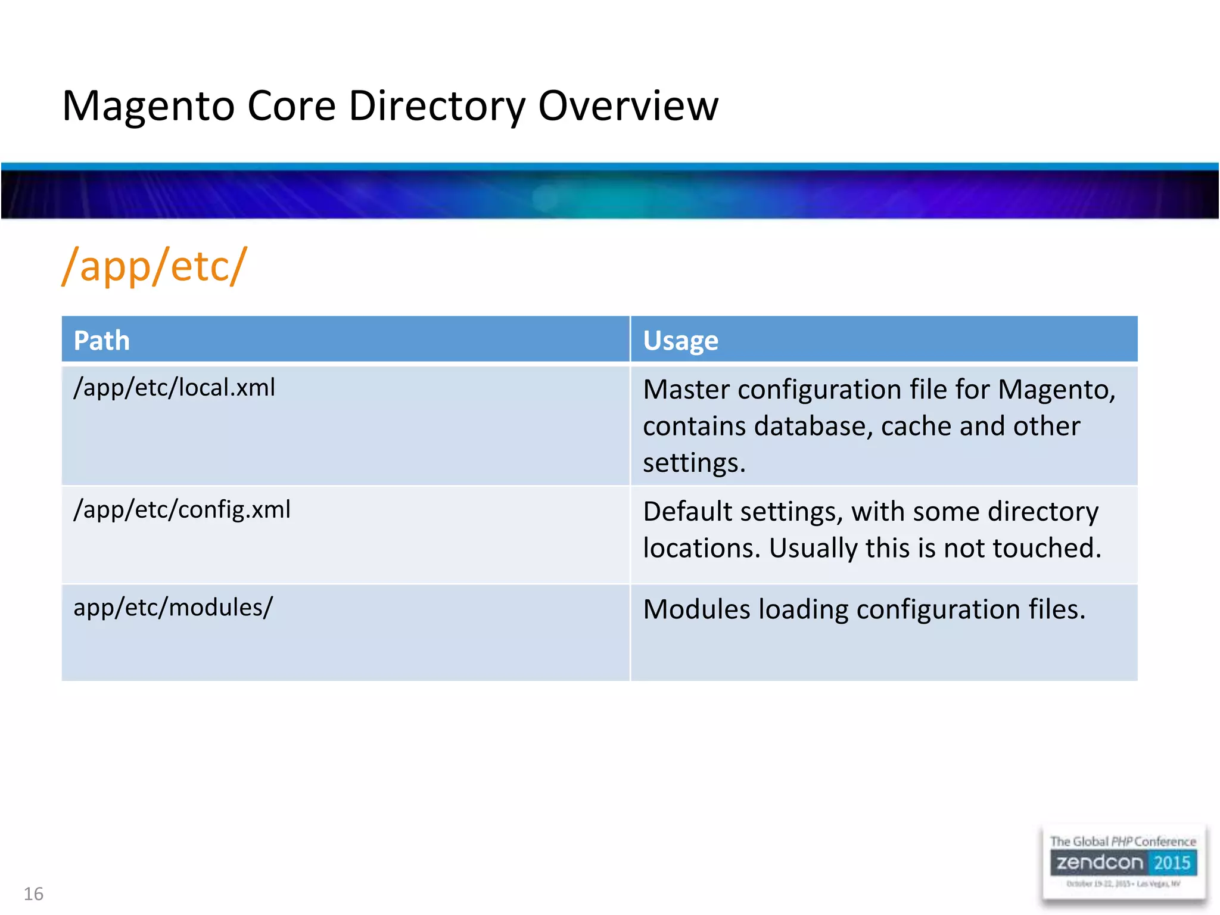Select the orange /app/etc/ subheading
pyautogui.click(x=154, y=266)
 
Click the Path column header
pyautogui.click(x=101, y=341)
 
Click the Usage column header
pyautogui.click(x=680, y=341)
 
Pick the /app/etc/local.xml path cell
pyautogui.click(x=174, y=388)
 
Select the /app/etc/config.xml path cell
pyautogui.click(x=182, y=510)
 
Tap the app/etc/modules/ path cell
pyautogui.click(x=173, y=608)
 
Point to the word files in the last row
pyautogui.click(x=1057, y=609)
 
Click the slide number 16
pyautogui.click(x=33, y=894)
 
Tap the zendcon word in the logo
pyautogui.click(x=1100, y=863)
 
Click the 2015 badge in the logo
pyautogui.click(x=1171, y=863)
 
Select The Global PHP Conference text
pyautogui.click(x=1122, y=841)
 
